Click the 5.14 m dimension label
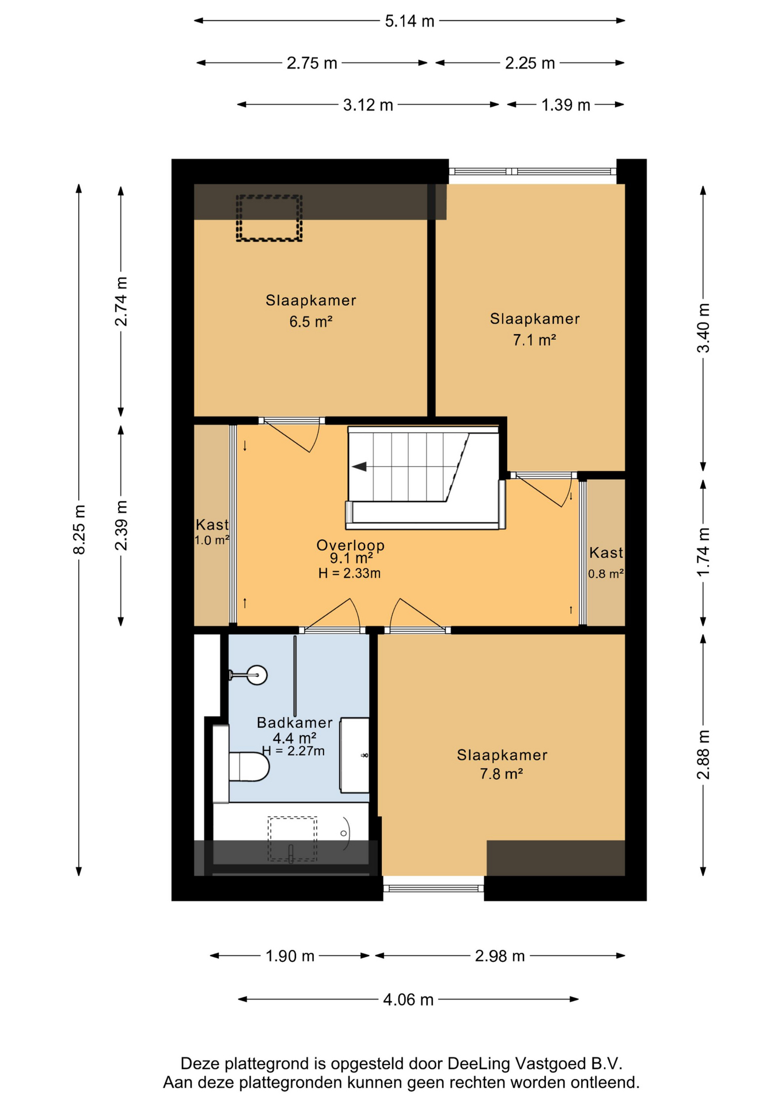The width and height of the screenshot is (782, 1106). [x=409, y=21]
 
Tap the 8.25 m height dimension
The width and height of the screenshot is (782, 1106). [x=79, y=530]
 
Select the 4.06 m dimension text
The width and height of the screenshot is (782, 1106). [x=408, y=999]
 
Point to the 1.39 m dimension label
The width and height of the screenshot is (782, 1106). [x=565, y=105]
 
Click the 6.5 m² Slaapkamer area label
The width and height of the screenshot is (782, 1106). [x=311, y=321]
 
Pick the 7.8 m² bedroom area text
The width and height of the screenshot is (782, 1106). [x=502, y=774]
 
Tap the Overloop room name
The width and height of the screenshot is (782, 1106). [x=351, y=545]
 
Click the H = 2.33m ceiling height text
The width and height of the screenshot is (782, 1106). [x=350, y=573]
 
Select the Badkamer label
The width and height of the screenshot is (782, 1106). [x=295, y=722]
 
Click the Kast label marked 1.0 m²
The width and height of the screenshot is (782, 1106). [x=212, y=525]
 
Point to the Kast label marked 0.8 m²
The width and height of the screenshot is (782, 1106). [x=606, y=553]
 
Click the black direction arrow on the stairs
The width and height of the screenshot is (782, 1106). [x=359, y=467]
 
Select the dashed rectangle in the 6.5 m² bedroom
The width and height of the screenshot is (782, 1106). [x=269, y=218]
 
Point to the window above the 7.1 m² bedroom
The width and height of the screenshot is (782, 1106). [x=533, y=171]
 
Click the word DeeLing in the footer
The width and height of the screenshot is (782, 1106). [x=479, y=1063]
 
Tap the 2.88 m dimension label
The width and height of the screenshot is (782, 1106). [x=703, y=755]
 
